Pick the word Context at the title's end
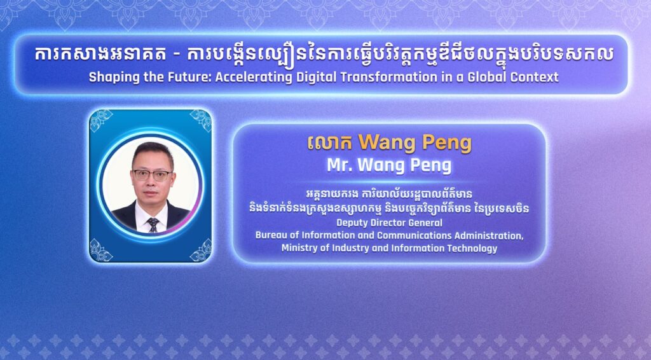click(535, 77)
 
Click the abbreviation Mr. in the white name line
click(339, 165)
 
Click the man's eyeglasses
click(153, 174)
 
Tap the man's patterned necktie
click(153, 225)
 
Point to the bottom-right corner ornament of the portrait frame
click(200, 251)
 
